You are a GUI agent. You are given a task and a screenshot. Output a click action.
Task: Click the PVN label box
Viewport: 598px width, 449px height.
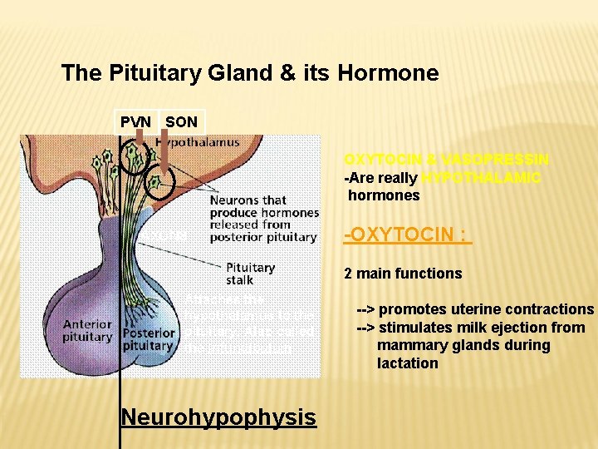click(x=136, y=122)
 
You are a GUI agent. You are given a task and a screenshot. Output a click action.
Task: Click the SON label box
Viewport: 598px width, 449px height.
click(x=182, y=122)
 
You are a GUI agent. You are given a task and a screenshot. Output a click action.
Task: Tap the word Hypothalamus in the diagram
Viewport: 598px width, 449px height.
click(x=197, y=142)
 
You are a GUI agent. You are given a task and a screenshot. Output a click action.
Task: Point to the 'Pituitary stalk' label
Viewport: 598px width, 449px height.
click(x=250, y=274)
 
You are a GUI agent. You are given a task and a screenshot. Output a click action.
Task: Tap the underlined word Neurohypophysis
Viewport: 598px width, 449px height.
click(x=218, y=417)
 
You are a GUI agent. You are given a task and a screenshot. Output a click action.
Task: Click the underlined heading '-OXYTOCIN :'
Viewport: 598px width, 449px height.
click(x=408, y=237)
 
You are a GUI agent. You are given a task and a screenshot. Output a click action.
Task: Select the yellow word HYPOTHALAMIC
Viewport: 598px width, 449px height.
click(x=481, y=178)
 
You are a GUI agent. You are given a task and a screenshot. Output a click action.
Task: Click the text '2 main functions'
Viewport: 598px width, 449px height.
click(x=403, y=273)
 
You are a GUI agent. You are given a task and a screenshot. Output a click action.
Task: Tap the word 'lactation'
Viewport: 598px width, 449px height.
click(x=408, y=363)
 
